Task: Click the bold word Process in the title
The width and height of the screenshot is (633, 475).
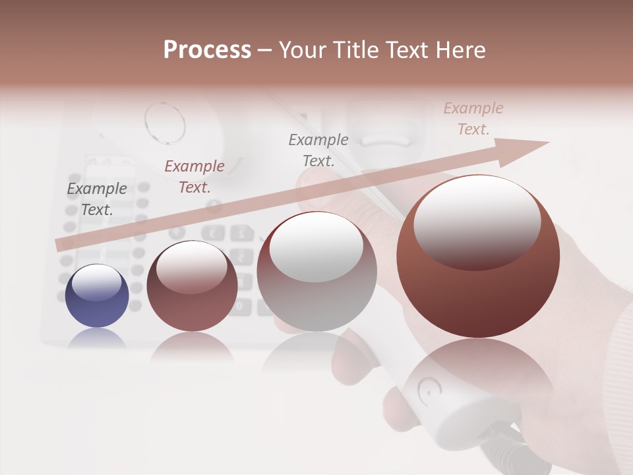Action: (x=207, y=50)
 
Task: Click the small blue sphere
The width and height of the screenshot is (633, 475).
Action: (x=97, y=296)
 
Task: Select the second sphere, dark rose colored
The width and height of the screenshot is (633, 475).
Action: (x=192, y=290)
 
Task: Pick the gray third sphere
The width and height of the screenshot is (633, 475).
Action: (x=316, y=277)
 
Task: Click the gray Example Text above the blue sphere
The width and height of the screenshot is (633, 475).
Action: (x=97, y=199)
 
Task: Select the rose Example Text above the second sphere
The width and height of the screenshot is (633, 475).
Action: (x=195, y=176)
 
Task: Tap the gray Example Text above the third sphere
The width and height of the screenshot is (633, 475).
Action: (x=318, y=150)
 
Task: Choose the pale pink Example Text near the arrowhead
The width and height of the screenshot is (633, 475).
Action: (x=473, y=119)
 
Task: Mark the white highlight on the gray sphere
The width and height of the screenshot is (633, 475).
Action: (x=316, y=247)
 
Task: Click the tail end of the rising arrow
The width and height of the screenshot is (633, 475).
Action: (x=61, y=245)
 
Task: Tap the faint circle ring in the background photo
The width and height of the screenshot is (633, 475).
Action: (x=165, y=122)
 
